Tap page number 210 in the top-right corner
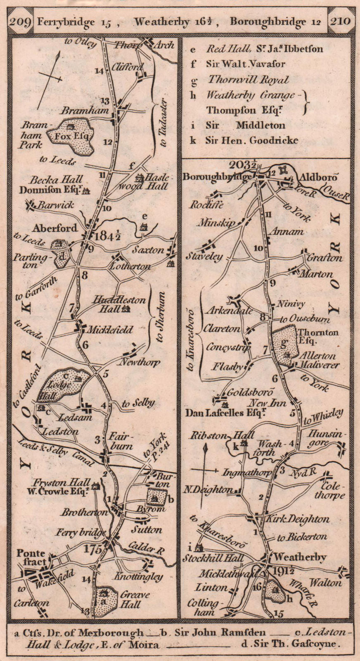click(x=339, y=21)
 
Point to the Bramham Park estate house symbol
click(x=70, y=127)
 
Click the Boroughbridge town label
click(x=217, y=177)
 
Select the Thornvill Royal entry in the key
click(x=248, y=80)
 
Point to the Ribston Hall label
click(x=222, y=436)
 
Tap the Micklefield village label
click(x=109, y=330)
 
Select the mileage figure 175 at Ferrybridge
click(x=92, y=549)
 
